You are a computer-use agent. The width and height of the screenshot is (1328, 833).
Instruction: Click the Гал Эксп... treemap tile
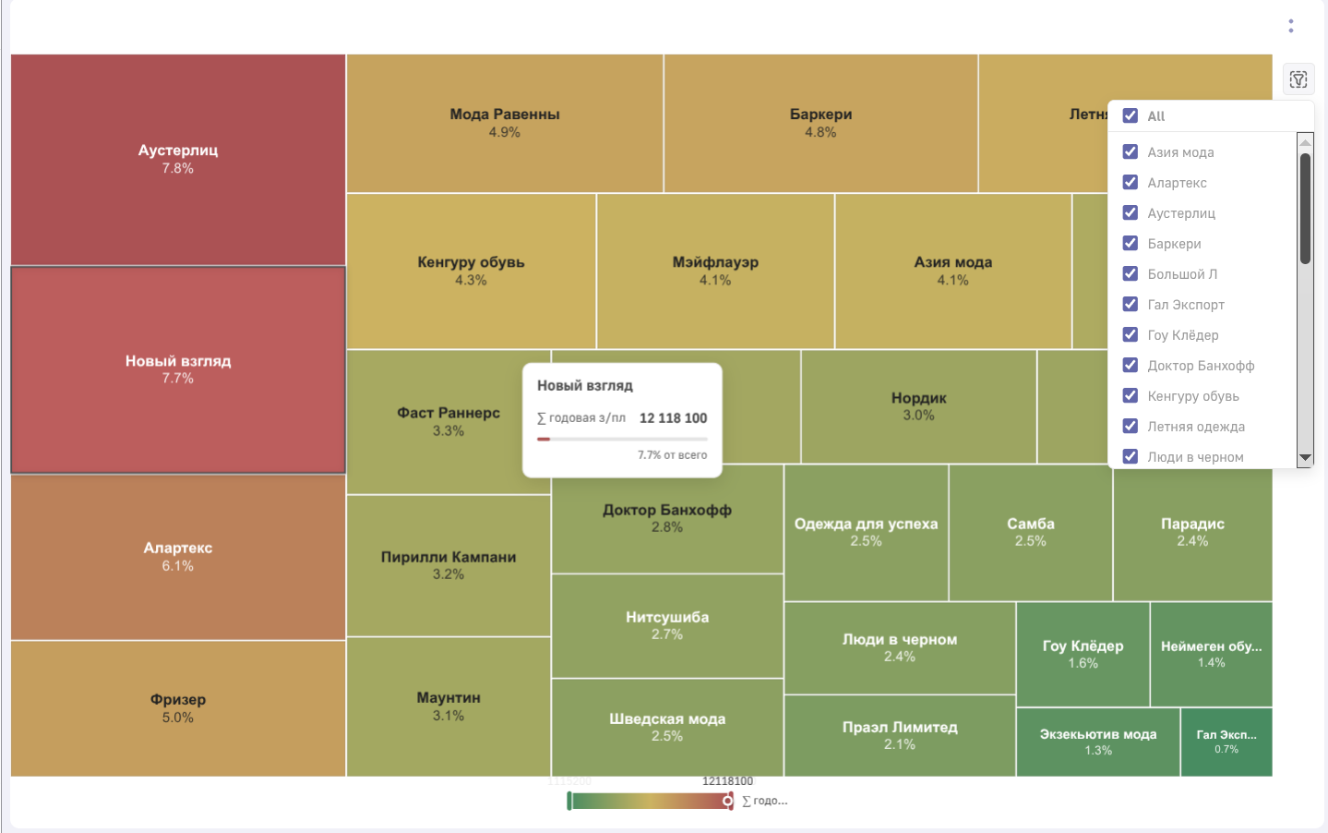[x=1226, y=742]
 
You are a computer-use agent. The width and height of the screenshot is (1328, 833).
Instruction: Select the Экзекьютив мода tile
[x=1098, y=742]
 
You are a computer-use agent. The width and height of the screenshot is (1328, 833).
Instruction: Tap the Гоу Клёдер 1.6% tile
[x=1083, y=654]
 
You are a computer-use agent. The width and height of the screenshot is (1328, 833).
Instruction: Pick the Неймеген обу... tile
[x=1211, y=654]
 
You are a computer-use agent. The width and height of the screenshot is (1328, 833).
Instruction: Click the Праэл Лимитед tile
[x=900, y=735]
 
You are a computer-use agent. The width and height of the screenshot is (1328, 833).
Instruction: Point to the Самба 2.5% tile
[x=1030, y=532]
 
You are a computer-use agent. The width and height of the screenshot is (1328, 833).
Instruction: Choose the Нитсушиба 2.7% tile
[x=667, y=625]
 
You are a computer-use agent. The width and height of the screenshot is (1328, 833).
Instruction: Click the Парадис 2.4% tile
[x=1192, y=532]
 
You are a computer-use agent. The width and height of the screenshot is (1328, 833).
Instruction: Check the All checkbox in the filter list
[x=1131, y=115]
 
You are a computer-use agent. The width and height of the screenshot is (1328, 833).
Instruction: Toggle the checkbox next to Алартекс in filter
[x=1131, y=183]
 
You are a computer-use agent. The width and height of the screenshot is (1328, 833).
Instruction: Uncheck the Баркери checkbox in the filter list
[x=1131, y=244]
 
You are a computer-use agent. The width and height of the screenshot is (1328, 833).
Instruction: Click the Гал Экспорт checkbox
[x=1131, y=305]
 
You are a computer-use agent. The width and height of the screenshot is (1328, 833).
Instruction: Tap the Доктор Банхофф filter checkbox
[x=1131, y=366]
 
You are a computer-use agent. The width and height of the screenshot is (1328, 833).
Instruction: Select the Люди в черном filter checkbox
[x=1131, y=456]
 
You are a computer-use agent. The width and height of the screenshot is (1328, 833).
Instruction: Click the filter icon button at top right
[x=1298, y=79]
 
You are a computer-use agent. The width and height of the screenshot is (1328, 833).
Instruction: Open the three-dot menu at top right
[x=1291, y=26]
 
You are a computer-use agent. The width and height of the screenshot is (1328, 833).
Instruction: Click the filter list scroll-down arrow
[x=1305, y=457]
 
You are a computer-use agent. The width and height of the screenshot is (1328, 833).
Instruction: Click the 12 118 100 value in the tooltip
[x=673, y=418]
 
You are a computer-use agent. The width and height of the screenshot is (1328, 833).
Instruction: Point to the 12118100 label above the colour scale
[x=727, y=781]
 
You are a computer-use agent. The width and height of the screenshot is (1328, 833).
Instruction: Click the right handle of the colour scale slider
[x=728, y=801]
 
